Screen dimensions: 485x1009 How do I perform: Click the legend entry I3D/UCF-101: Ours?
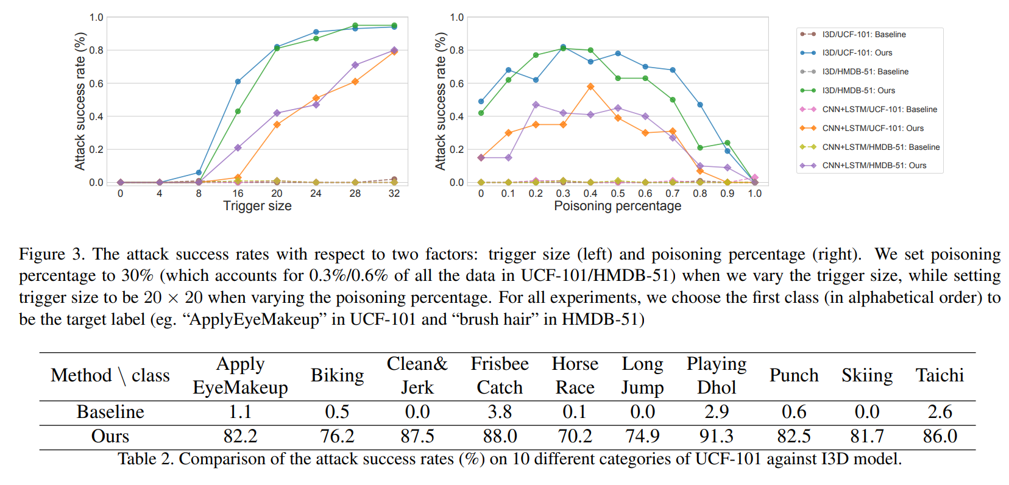pos(857,53)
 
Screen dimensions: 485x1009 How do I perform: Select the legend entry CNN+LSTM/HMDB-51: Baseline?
pos(880,147)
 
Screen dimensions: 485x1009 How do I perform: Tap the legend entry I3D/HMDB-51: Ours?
pos(858,91)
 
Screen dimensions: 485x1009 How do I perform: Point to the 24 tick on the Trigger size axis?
pos(316,193)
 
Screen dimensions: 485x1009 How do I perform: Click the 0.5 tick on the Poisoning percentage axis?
pos(618,193)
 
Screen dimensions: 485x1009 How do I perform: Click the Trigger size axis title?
pos(257,206)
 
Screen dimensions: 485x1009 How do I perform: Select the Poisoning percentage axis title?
pos(617,206)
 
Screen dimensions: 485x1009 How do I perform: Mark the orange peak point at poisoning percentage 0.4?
pos(590,87)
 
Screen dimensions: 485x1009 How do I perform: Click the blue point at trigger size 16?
pos(238,82)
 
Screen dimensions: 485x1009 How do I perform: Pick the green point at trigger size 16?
pos(238,112)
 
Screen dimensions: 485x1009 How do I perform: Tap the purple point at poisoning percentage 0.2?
pos(536,105)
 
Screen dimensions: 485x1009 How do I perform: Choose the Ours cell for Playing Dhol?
pos(716,436)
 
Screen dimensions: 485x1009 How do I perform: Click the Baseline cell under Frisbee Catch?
pos(499,412)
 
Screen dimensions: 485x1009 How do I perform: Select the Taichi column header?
pos(940,375)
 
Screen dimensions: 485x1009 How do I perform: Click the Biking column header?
pos(337,375)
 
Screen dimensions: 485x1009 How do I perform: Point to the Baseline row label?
pos(110,412)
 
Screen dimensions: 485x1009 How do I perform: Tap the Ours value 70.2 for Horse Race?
pos(575,436)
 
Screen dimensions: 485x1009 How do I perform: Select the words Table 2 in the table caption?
pos(145,459)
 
